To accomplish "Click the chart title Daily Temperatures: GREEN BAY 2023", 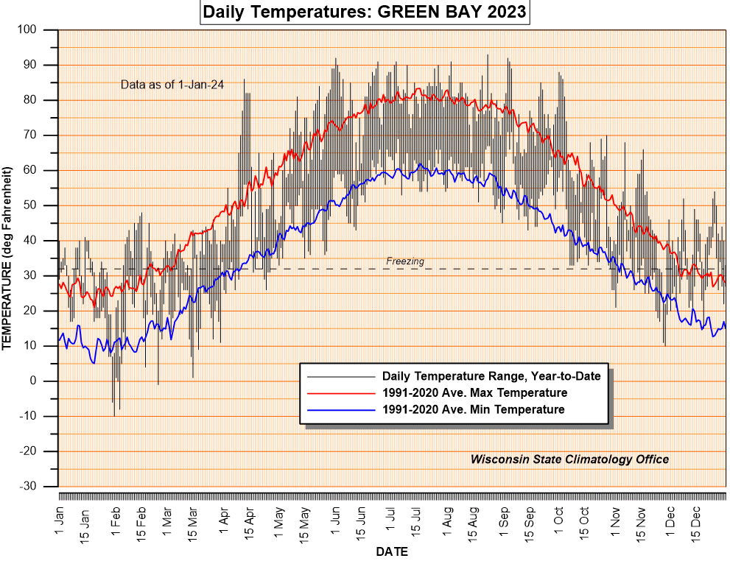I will (x=365, y=13).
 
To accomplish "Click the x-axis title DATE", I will (x=392, y=551).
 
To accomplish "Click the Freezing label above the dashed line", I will (x=405, y=261).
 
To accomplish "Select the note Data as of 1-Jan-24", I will (x=172, y=85).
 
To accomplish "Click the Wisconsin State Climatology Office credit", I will (x=569, y=459).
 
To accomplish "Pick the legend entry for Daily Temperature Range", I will (x=491, y=376).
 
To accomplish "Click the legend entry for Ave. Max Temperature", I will (x=474, y=392).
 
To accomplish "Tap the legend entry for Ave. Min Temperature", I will (x=474, y=409).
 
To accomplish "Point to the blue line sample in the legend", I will (x=340, y=409).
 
